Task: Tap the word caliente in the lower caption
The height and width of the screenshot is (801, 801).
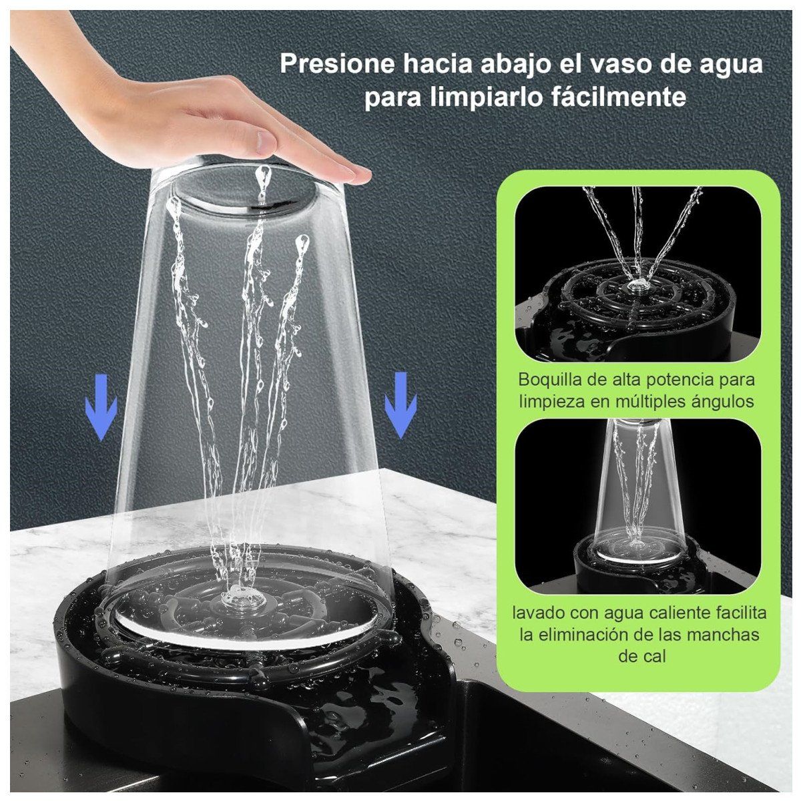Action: (668, 612)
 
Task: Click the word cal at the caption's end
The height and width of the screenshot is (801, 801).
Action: (641, 655)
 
